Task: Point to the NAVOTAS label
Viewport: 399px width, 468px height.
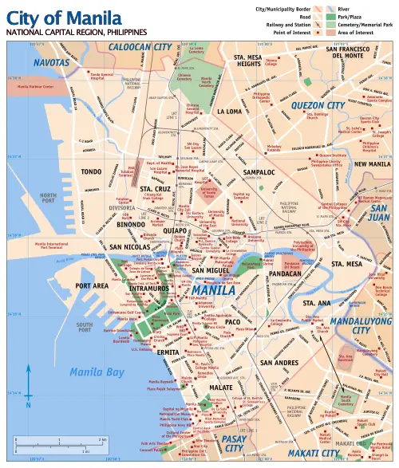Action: (x=52, y=62)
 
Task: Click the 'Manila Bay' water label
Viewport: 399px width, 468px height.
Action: (x=97, y=372)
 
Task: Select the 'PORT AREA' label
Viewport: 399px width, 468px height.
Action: (x=92, y=285)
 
